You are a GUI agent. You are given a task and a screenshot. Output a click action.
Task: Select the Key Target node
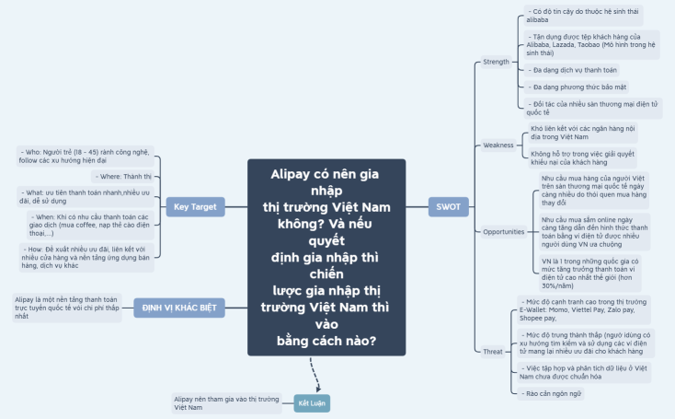[196, 207]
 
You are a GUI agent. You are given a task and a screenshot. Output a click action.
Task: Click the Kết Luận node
[311, 403]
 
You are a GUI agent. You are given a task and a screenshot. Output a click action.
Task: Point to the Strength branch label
[496, 63]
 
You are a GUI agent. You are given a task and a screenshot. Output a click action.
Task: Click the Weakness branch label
[498, 145]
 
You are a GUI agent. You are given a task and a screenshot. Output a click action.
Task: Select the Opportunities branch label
[503, 232]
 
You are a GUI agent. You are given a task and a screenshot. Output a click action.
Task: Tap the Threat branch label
[493, 352]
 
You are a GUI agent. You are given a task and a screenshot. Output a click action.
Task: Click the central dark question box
[326, 256]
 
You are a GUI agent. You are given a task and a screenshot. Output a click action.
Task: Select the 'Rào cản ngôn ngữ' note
[550, 394]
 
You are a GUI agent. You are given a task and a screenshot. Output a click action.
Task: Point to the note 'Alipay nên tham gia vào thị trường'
[225, 402]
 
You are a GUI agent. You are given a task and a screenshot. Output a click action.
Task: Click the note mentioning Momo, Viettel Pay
[585, 311]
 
